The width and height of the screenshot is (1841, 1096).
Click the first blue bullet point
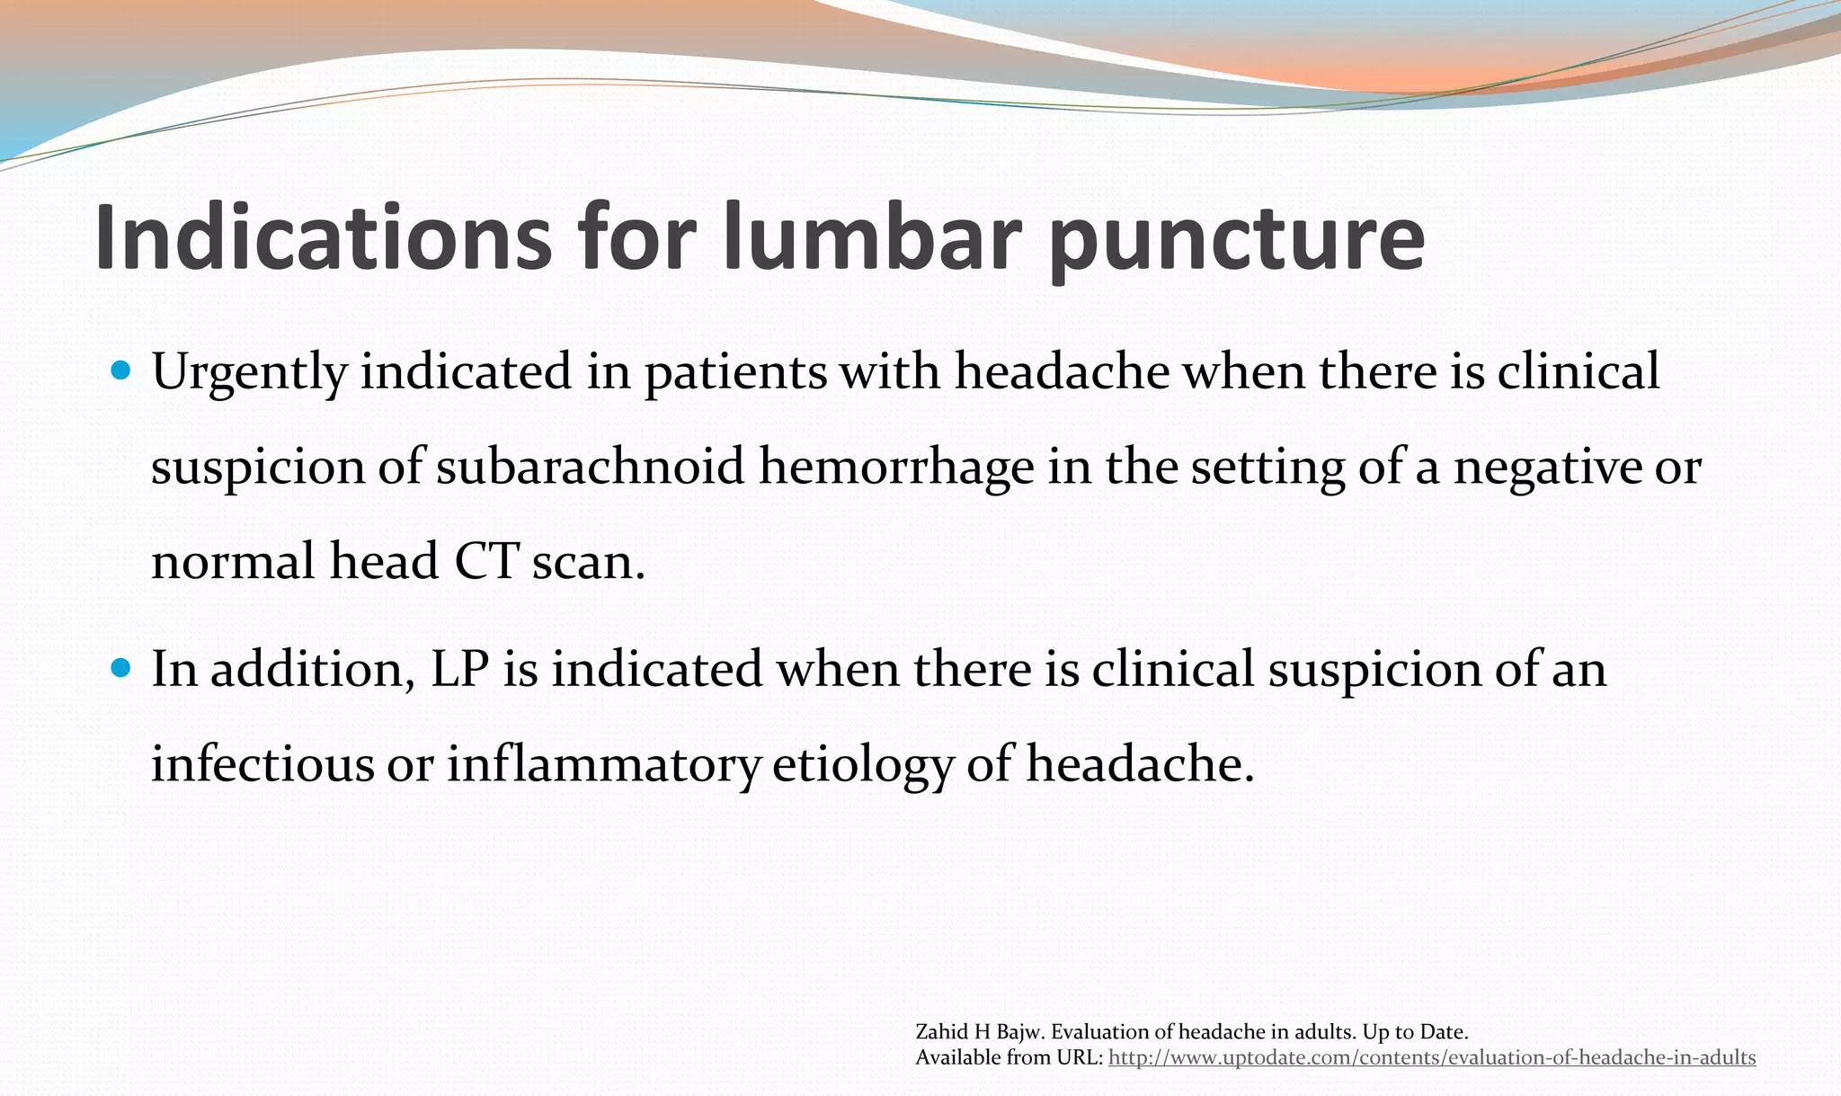pos(122,370)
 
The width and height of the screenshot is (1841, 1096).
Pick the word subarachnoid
pos(591,468)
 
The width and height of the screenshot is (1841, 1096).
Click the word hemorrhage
pos(896,468)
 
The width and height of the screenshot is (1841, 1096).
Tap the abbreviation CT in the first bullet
pos(486,562)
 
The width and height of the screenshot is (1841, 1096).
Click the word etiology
pos(862,765)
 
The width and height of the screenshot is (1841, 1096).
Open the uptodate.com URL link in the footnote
pos(1431,1058)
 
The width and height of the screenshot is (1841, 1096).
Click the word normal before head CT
pos(233,562)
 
